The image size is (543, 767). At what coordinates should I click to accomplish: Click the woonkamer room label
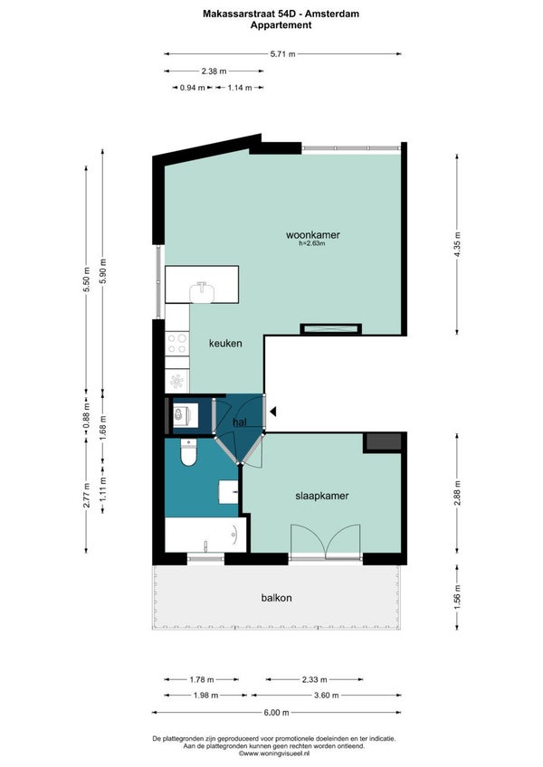pos(313,235)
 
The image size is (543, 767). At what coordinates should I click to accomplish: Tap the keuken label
pos(225,344)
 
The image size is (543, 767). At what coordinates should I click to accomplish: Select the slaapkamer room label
pos(321,496)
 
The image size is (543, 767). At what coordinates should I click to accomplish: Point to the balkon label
pos(276,598)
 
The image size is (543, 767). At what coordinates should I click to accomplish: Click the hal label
pos(240,421)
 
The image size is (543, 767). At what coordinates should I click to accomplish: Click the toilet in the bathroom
pos(188,452)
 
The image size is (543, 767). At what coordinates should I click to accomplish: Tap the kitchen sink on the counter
pos(202,292)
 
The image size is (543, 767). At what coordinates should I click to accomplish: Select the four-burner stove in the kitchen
pos(177,343)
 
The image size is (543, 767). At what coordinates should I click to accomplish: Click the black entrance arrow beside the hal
pos(273,412)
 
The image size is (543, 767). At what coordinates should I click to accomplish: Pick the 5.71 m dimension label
pos(282,53)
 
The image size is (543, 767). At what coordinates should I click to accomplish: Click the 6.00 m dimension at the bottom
pos(276,712)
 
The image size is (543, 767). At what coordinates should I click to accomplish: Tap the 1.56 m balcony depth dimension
pos(457,597)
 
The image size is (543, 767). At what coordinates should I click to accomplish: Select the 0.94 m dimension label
pos(193,88)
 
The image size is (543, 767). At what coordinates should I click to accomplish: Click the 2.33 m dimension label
pos(314,679)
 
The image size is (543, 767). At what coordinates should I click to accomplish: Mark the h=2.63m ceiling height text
pos(312,243)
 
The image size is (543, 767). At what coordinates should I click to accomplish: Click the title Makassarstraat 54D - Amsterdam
pos(281,14)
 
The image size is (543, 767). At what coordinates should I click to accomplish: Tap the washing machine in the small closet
pos(186,415)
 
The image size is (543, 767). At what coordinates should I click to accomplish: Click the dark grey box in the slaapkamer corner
pos(383,442)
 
